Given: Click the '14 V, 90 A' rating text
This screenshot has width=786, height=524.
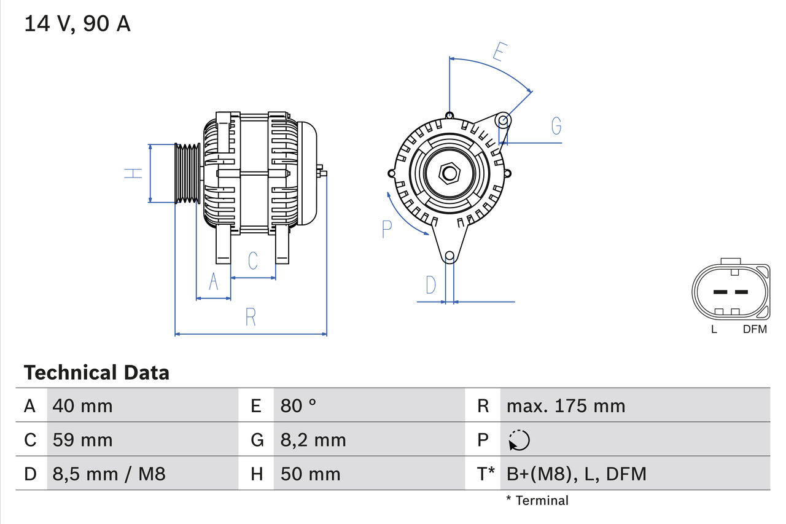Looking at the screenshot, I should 77,24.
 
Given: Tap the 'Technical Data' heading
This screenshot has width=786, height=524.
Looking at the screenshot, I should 96,372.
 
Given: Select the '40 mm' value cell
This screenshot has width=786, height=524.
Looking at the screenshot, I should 82,405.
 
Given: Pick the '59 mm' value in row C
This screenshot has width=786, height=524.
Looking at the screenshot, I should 82,440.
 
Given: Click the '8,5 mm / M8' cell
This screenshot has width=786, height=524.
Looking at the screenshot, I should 109,474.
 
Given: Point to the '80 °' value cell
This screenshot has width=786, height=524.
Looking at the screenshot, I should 298,405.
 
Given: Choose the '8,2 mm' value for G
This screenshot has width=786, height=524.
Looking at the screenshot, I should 313,440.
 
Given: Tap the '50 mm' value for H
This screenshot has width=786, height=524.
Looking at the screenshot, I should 310,474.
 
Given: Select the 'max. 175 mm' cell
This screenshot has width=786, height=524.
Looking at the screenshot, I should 566,405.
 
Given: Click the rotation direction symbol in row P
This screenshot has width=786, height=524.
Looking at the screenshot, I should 519,440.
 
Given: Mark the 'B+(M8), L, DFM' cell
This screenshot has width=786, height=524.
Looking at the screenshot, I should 576,474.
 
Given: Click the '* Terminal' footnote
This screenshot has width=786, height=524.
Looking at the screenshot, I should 537,500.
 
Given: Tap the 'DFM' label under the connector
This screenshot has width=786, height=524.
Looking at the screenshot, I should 755,329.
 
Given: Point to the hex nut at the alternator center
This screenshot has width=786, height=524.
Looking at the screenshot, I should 449,173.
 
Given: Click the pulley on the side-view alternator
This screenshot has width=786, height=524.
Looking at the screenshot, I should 188,174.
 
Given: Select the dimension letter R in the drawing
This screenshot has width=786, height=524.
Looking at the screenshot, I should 251,317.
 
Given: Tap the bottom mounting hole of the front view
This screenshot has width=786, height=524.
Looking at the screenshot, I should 449,256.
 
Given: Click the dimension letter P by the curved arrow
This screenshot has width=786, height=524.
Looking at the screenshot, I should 386,229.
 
